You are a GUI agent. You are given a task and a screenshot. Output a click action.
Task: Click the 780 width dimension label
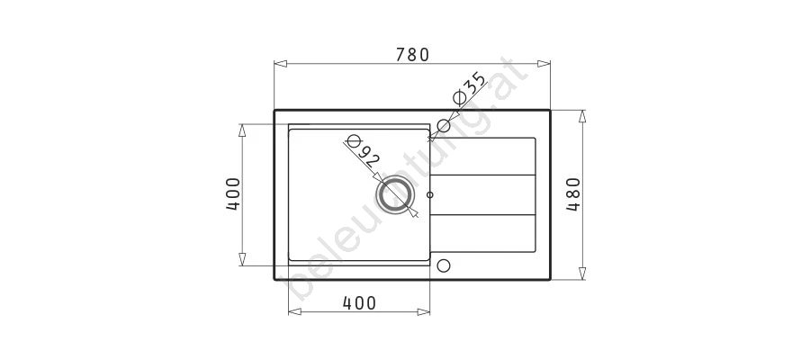[x=412, y=55]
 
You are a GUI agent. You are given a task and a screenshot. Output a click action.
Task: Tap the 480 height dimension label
[x=574, y=194]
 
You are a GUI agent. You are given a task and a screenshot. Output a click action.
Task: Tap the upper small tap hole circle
[x=443, y=125]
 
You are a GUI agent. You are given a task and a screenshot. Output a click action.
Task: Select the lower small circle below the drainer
[x=443, y=265]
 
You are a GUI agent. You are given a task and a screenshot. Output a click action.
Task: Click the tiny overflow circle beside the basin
[x=430, y=194]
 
